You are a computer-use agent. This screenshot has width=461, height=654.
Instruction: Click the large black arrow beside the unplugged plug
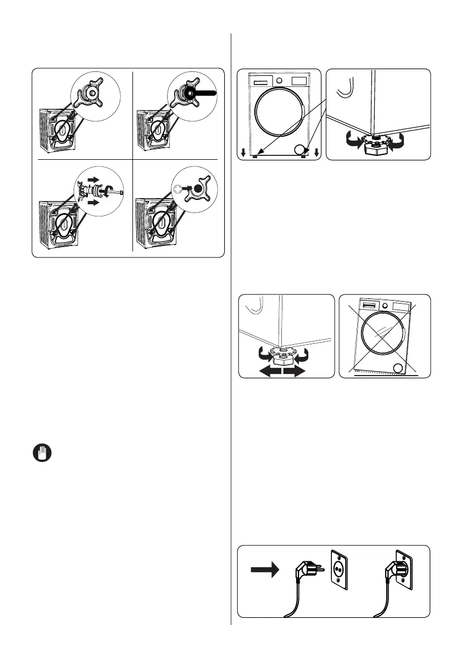pyautogui.click(x=266, y=571)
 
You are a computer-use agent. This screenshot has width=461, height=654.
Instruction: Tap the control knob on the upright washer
pyautogui.click(x=280, y=80)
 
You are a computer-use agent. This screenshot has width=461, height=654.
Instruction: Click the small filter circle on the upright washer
pyautogui.click(x=299, y=148)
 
